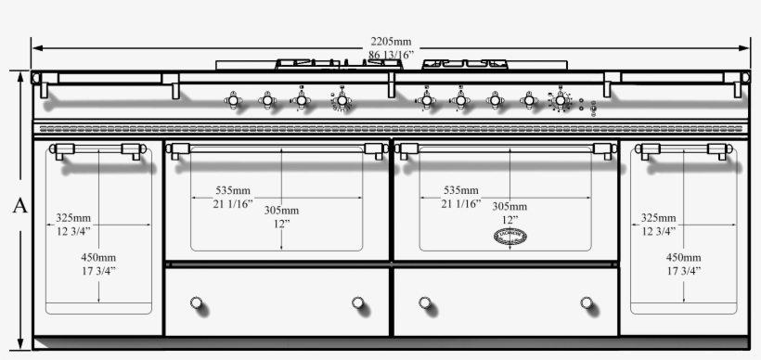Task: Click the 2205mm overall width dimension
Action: [x=391, y=42]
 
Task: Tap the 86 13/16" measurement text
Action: [x=391, y=56]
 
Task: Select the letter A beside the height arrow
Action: [x=19, y=206]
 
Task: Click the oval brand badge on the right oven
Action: [x=509, y=237]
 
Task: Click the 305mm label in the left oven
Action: [x=283, y=211]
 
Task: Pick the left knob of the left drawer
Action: [x=196, y=302]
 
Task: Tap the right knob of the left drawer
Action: [x=359, y=302]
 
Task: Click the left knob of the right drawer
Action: [x=425, y=302]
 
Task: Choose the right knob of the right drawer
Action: [x=587, y=302]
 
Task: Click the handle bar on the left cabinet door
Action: [x=97, y=149]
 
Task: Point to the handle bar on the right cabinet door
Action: [x=684, y=149]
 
